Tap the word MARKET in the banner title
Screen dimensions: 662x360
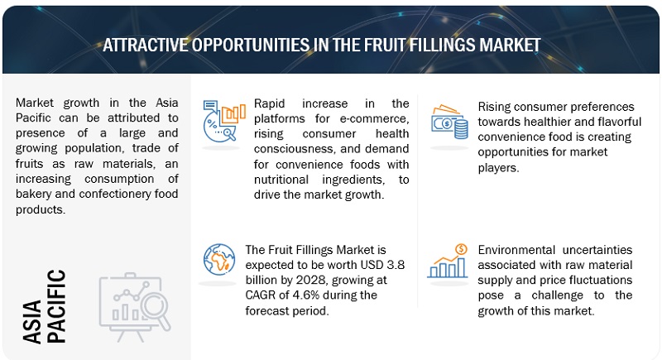pos(509,46)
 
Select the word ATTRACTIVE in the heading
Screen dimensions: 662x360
pos(146,46)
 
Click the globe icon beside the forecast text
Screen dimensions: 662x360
pos(219,260)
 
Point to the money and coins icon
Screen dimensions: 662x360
pos(449,122)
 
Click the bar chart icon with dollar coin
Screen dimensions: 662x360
pos(448,262)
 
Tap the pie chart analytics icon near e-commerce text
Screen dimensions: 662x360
pos(223,121)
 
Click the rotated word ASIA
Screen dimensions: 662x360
pos(32,322)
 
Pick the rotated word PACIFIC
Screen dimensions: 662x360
pos(56,306)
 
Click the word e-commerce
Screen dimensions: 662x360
pos(374,118)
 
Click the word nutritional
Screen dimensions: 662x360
pos(281,180)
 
